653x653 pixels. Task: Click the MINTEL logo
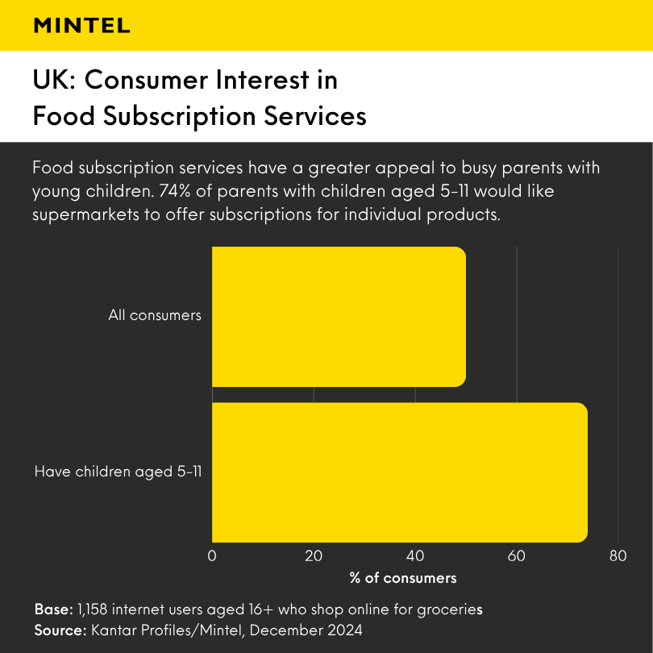pyautogui.click(x=81, y=26)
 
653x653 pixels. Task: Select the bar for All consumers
pyautogui.click(x=339, y=316)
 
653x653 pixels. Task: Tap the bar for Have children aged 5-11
pyautogui.click(x=399, y=472)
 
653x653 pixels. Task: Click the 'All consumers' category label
pyautogui.click(x=155, y=315)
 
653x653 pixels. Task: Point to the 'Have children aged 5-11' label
pyautogui.click(x=118, y=472)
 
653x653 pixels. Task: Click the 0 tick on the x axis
pyautogui.click(x=212, y=555)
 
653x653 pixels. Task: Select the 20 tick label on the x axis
pyautogui.click(x=314, y=555)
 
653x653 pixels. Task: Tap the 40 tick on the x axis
pyautogui.click(x=415, y=555)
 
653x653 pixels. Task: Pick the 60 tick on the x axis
pyautogui.click(x=516, y=555)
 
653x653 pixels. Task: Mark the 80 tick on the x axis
pyautogui.click(x=618, y=555)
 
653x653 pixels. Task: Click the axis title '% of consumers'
pyautogui.click(x=403, y=578)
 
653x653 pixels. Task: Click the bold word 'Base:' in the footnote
pyautogui.click(x=53, y=608)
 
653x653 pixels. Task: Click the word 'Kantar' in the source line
pyautogui.click(x=111, y=628)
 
